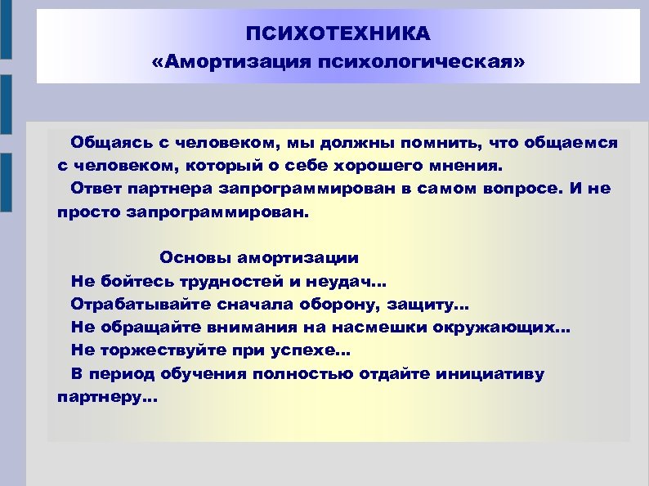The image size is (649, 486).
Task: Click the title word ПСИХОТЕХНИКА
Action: click(x=338, y=34)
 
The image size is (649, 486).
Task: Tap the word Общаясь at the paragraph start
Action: click(x=106, y=142)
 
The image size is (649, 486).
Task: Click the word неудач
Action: click(x=349, y=282)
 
